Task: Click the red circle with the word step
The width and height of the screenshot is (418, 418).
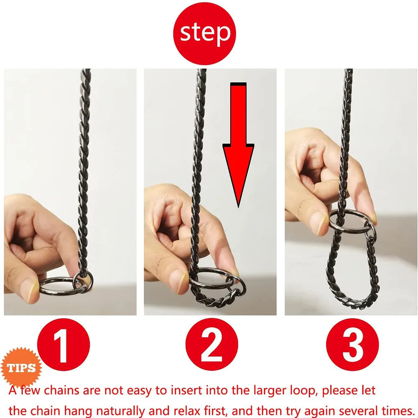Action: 204,33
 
